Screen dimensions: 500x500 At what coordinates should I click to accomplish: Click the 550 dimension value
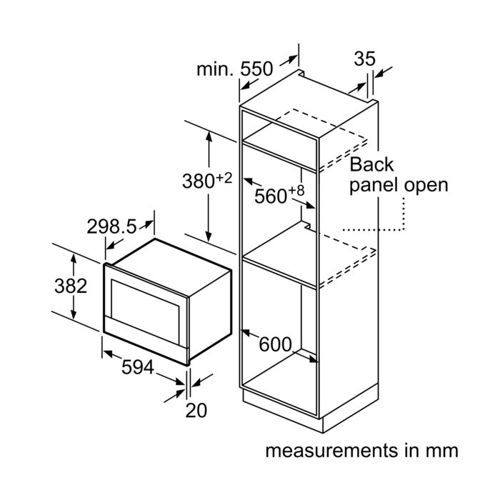257,69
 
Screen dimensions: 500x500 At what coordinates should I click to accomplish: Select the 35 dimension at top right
364,59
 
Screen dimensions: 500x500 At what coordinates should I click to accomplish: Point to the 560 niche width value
271,196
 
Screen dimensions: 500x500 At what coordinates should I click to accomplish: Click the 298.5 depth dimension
111,226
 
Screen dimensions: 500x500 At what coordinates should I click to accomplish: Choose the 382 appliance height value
71,286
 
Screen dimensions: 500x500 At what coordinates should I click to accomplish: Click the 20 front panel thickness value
196,410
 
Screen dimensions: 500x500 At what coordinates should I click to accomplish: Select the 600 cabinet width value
275,344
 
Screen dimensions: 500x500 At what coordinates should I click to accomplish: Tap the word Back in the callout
371,164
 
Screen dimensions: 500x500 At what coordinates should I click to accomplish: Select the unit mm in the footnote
441,451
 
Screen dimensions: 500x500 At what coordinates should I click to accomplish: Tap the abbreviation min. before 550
216,69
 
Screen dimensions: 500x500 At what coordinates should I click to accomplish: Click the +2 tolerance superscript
224,176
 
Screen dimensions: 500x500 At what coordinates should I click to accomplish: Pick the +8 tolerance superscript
298,190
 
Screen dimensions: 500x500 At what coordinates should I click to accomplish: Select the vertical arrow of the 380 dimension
209,186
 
